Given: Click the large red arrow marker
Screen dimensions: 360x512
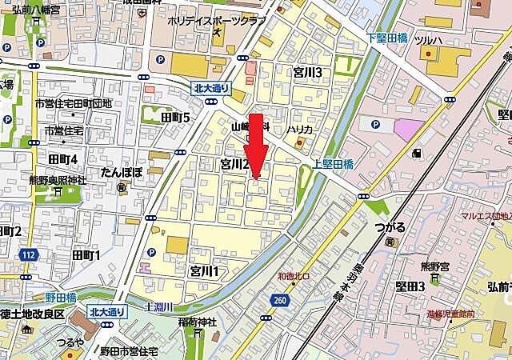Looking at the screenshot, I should pyautogui.click(x=256, y=148).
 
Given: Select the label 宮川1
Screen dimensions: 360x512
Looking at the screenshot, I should pyautogui.click(x=204, y=270).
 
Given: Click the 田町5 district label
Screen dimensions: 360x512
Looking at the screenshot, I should pyautogui.click(x=175, y=118).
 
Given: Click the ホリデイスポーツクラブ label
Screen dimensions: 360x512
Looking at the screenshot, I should pyautogui.click(x=215, y=22).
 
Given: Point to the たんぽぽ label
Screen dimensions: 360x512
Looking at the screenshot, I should pyautogui.click(x=122, y=172).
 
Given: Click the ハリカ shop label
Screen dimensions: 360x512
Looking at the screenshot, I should pyautogui.click(x=301, y=129).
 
